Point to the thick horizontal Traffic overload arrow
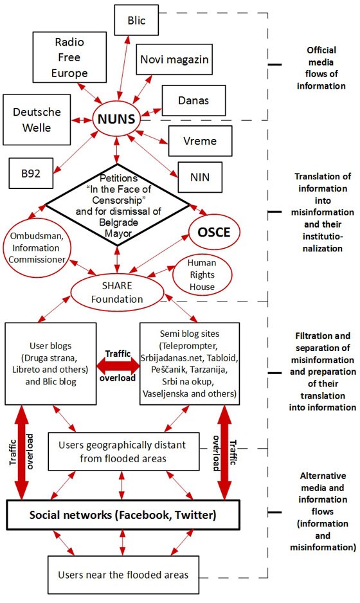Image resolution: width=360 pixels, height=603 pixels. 118,365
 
